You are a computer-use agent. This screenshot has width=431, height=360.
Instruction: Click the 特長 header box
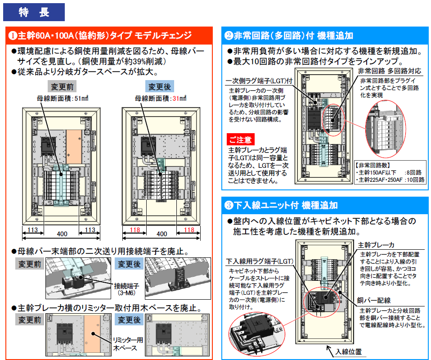pyautogui.click(x=34, y=12)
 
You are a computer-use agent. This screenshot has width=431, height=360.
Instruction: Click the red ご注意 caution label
pyautogui.click(x=241, y=139)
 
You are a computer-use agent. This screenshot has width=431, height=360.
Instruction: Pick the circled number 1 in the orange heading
pyautogui.click(x=13, y=35)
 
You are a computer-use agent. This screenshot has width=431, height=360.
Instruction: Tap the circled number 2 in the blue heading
pyautogui.click(x=229, y=35)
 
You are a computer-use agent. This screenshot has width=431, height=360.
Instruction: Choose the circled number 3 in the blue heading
pyautogui.click(x=229, y=205)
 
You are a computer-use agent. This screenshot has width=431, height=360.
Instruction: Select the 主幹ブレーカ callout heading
pyautogui.click(x=376, y=245)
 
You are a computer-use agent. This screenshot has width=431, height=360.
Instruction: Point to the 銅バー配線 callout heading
pyautogui.click(x=374, y=300)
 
